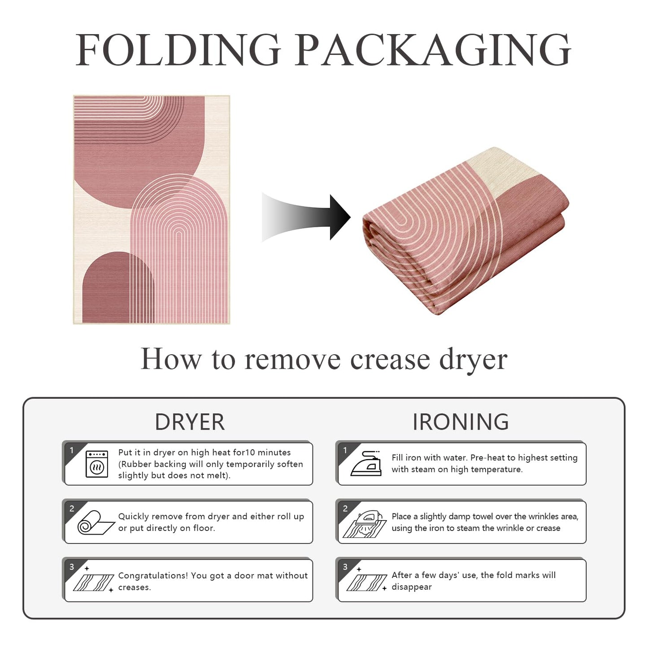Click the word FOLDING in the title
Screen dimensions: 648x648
coord(178,50)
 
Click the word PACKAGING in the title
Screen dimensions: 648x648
coord(432,50)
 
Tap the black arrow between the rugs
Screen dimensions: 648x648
coord(306,217)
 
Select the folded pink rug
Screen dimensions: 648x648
coord(466,231)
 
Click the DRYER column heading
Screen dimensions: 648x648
coord(190,422)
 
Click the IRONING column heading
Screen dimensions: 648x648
coord(461,422)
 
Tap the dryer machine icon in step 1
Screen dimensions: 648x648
coord(97,465)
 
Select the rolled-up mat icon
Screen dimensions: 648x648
coord(96,522)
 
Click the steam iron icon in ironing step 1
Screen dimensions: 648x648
coord(366,464)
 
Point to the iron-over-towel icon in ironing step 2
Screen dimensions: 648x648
coord(365,524)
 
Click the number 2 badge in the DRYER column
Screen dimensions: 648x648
coord(72,509)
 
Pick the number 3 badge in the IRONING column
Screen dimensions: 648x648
coord(345,567)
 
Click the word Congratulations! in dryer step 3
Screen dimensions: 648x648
coord(153,576)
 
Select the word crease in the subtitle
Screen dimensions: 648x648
coord(390,359)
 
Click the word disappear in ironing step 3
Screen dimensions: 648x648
coord(412,587)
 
